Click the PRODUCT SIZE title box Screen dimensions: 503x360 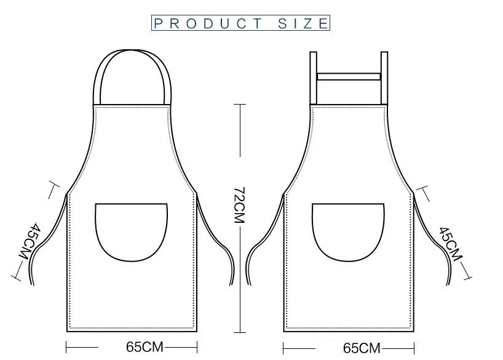point(240,23)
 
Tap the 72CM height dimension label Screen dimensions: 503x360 point(239,205)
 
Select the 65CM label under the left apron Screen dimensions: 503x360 point(145,347)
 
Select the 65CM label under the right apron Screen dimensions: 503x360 point(362,348)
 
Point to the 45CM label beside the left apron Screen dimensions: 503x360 point(29,241)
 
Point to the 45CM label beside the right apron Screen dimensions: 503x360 point(451,244)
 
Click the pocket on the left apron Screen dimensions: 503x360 point(131,232)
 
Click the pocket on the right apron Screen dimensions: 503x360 point(348,232)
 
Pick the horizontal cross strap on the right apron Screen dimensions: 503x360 point(349,76)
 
